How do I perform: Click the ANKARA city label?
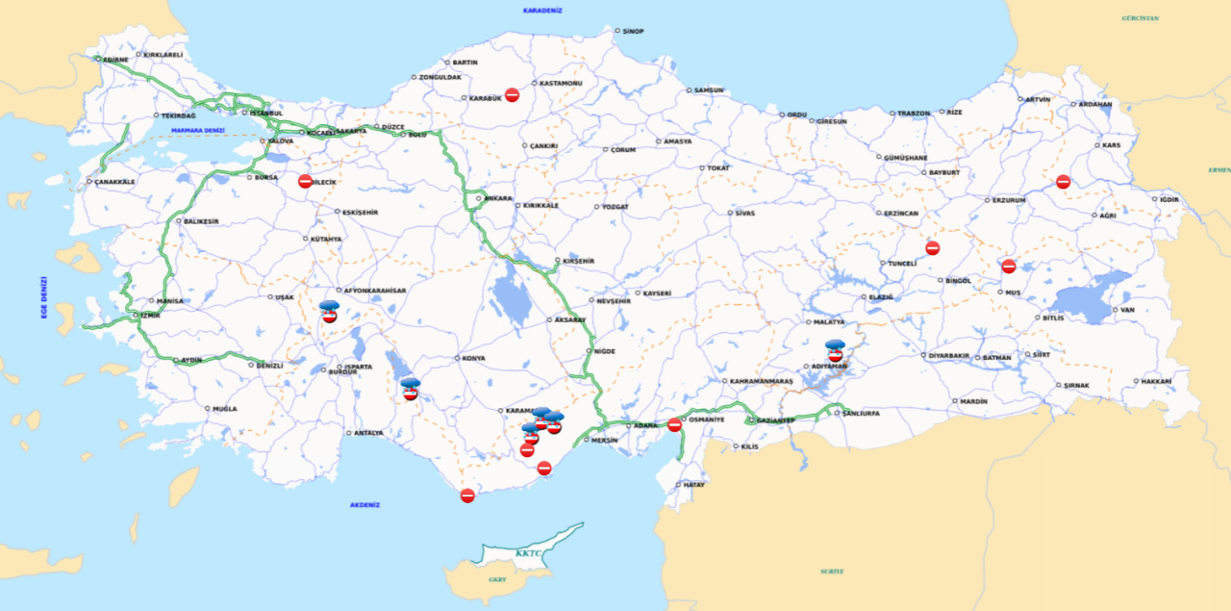(498, 199)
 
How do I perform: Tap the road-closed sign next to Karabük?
(512, 95)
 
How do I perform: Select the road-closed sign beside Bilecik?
(305, 181)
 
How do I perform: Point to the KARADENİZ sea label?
(542, 11)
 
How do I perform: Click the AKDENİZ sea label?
(365, 505)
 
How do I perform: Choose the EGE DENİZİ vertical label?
(44, 297)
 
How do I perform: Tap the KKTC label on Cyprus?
(529, 553)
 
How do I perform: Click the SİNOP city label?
(633, 32)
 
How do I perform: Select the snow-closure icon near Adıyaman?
(835, 350)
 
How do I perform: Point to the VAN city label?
(1128, 310)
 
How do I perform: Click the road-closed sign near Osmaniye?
(674, 424)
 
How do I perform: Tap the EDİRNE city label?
(115, 60)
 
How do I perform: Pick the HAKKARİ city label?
(1158, 382)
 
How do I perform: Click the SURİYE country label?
(832, 572)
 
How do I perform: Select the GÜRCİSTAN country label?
(1140, 18)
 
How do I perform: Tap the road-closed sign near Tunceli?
(932, 248)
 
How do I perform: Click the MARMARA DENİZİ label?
(197, 131)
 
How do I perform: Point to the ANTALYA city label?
(368, 433)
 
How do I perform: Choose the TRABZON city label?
(914, 114)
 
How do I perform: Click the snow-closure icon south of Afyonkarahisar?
(329, 311)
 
